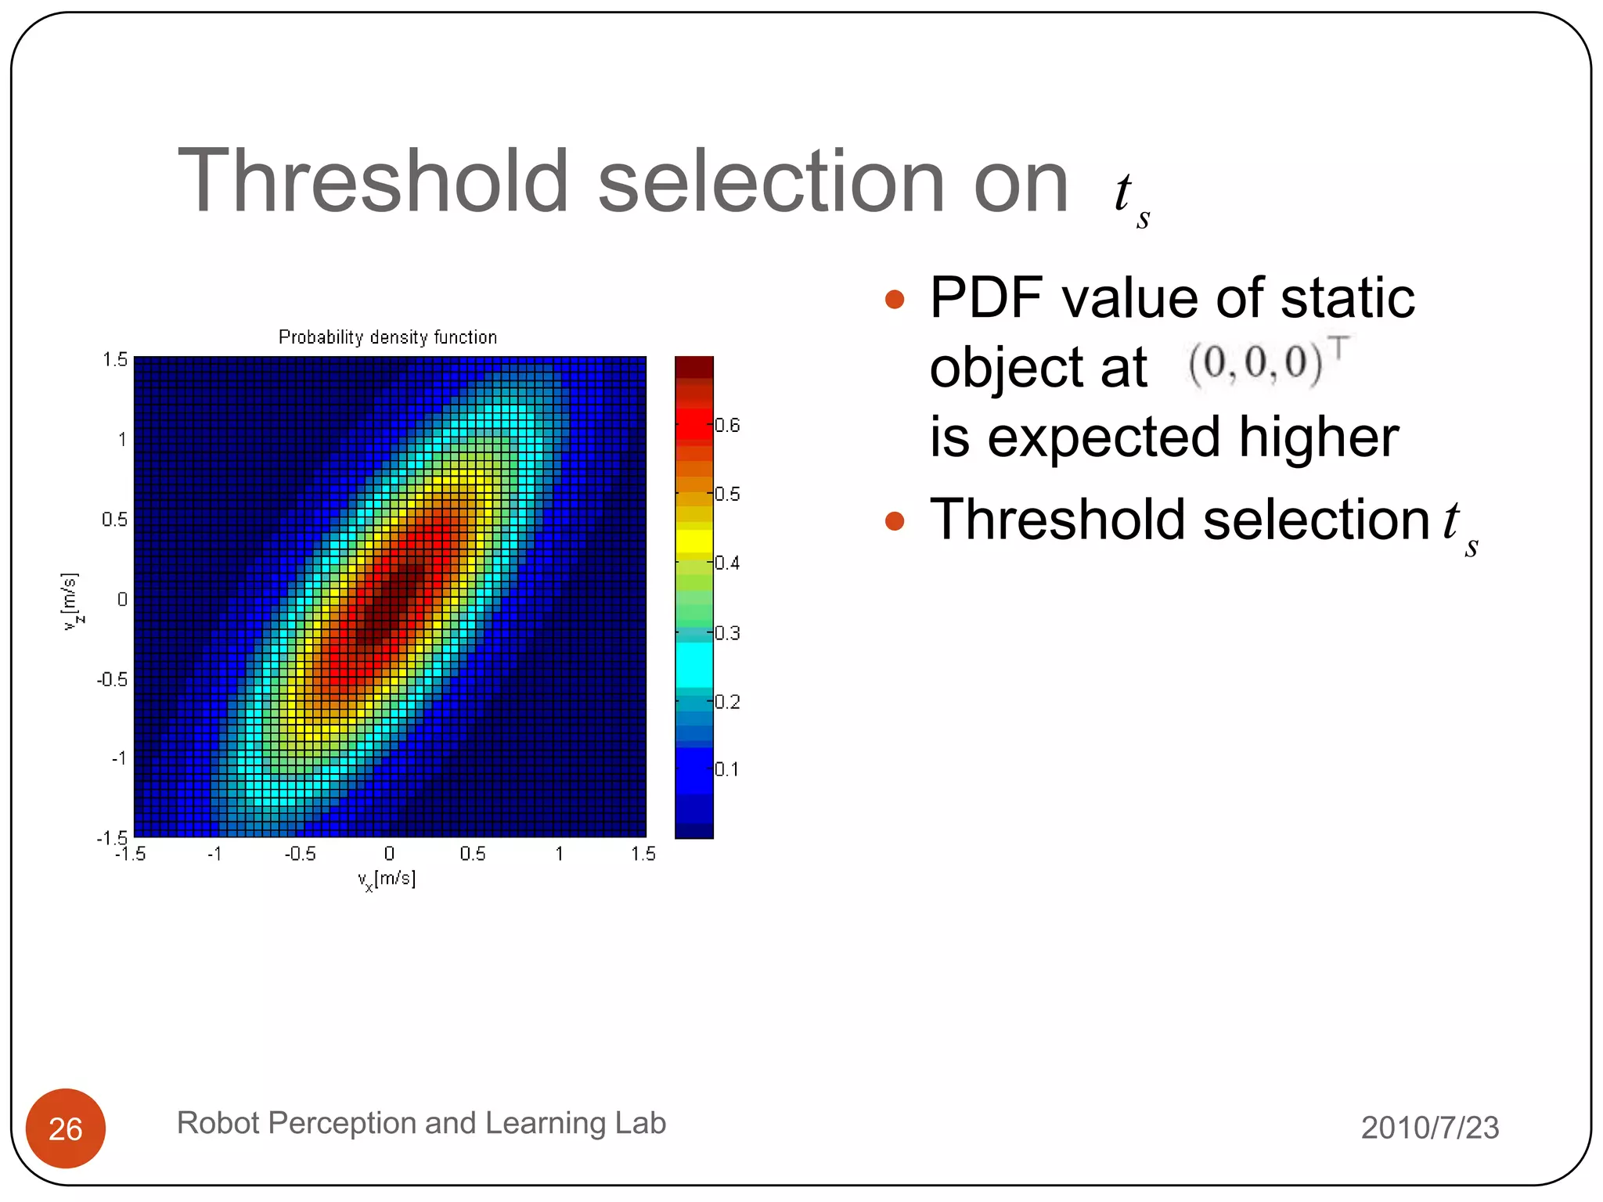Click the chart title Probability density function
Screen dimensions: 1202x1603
[x=387, y=337]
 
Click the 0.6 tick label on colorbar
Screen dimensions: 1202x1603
[x=727, y=426]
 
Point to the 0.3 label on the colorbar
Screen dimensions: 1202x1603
[x=727, y=633]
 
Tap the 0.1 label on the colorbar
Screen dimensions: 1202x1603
[x=726, y=769]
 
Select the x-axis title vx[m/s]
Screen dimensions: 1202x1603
[x=387, y=880]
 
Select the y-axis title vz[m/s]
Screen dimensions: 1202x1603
[x=70, y=601]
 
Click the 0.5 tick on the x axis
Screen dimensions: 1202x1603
[x=473, y=854]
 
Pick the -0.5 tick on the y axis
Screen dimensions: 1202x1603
[x=113, y=679]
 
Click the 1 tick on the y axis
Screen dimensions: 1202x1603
[x=122, y=440]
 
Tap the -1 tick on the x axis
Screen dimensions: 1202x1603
[x=214, y=854]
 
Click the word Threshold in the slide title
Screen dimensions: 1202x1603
[x=373, y=182]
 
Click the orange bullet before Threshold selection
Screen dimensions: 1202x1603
[x=894, y=521]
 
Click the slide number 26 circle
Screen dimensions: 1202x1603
[x=66, y=1128]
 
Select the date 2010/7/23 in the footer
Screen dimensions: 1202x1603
[x=1429, y=1128]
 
